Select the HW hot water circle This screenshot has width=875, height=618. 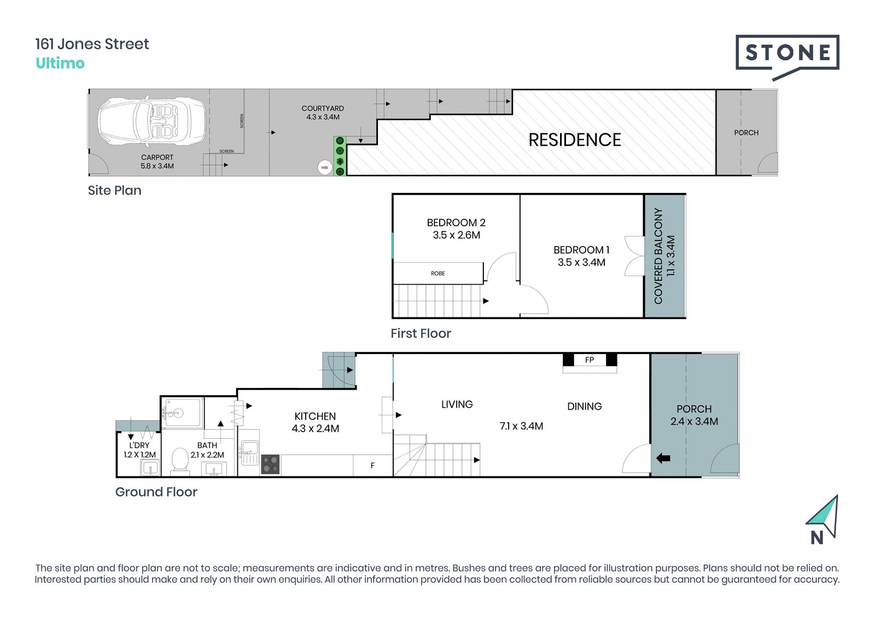[325, 168]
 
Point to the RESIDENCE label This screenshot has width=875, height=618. [575, 140]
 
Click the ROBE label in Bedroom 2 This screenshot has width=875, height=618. [438, 273]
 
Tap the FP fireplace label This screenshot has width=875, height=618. [590, 360]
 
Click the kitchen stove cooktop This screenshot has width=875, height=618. [270, 464]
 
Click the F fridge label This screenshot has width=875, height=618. [372, 466]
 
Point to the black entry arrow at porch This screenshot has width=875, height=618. [663, 458]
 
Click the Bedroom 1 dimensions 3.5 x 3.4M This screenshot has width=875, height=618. [581, 262]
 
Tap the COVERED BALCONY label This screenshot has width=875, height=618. [658, 256]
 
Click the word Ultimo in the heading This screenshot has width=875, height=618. [60, 63]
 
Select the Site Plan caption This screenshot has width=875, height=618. [114, 191]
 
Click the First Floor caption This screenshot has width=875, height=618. [421, 333]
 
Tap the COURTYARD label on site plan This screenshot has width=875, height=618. [323, 109]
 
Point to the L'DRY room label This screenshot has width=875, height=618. [139, 445]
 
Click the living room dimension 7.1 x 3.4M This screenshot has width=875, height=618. [522, 426]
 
